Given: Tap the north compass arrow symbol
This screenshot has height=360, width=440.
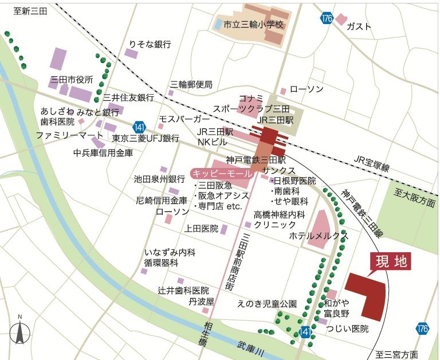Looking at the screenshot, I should click(x=19, y=331).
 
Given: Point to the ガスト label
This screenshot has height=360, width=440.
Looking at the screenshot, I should click(x=359, y=26).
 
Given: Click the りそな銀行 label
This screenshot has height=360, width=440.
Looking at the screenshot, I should click(x=150, y=44).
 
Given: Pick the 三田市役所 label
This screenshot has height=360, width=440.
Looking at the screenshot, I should click(x=72, y=79).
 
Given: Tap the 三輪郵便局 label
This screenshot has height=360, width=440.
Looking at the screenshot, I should click(x=191, y=84).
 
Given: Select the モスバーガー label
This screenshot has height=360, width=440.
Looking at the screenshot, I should click(x=184, y=119).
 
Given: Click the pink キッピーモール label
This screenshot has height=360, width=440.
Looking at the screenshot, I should click(x=222, y=173).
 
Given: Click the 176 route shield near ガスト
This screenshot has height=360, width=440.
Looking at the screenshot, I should click(x=326, y=18).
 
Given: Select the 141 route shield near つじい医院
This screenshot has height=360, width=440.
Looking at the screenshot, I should click(x=305, y=332).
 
